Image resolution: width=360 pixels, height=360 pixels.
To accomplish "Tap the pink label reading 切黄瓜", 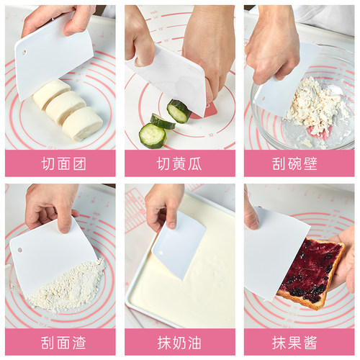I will tap(179, 163).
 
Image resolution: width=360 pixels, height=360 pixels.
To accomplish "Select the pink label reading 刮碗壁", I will tap(299, 163).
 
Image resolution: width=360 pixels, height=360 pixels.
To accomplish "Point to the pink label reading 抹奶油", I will tap(179, 342).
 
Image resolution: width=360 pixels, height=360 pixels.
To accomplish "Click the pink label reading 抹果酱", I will tap(299, 342).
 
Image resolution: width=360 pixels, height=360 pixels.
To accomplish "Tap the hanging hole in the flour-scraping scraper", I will tap(20, 250).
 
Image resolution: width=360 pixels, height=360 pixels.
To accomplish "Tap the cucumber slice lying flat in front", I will tap(152, 135).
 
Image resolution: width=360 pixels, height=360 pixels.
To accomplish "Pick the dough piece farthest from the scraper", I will tap(82, 123).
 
